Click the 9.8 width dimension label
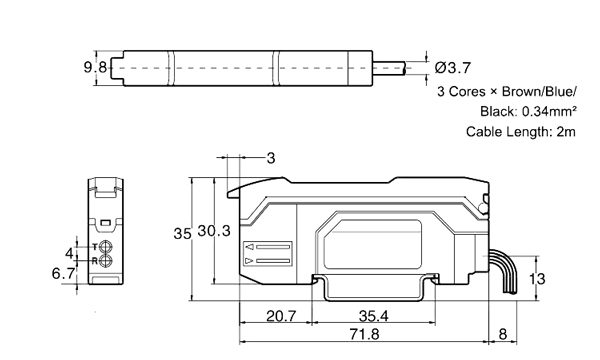95,67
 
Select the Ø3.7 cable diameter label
455,68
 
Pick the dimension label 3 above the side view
271,158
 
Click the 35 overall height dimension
182,233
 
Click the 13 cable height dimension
537,279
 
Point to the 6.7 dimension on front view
65,273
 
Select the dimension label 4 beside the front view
69,252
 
